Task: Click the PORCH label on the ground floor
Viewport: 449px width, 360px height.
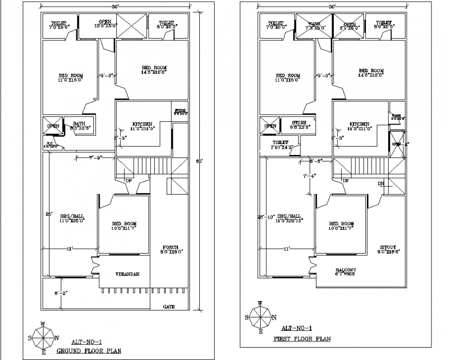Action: pyautogui.click(x=171, y=247)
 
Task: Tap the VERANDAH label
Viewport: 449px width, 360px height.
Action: pyautogui.click(x=125, y=274)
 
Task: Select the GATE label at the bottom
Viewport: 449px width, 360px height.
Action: pyautogui.click(x=169, y=306)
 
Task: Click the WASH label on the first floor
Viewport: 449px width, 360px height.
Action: pyautogui.click(x=314, y=24)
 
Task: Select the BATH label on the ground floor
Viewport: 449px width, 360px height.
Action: pyautogui.click(x=79, y=124)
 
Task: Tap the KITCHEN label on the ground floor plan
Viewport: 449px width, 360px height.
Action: pyautogui.click(x=142, y=124)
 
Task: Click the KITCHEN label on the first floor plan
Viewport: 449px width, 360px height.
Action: pyautogui.click(x=360, y=124)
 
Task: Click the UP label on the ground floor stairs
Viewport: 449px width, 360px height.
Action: pyautogui.click(x=129, y=181)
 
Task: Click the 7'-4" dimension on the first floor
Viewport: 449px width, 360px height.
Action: pyautogui.click(x=310, y=176)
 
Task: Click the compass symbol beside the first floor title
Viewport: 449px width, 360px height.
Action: pyautogui.click(x=261, y=317)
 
